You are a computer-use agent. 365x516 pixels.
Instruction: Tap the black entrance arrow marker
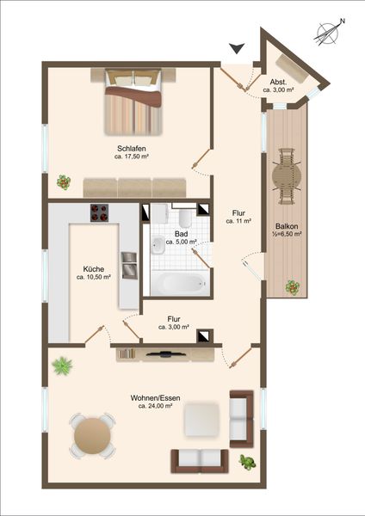click(237, 48)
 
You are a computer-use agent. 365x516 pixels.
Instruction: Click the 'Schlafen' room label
click(132, 149)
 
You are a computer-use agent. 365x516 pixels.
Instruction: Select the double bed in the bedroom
click(133, 102)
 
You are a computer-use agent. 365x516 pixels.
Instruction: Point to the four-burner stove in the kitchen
click(100, 212)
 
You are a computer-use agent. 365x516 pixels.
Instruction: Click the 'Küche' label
click(94, 269)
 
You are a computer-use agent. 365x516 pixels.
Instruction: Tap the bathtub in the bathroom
click(181, 283)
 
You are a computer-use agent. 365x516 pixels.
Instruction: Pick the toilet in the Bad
click(185, 218)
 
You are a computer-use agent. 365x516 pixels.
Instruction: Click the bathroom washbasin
click(158, 245)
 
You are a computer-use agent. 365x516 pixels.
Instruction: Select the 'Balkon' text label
click(287, 226)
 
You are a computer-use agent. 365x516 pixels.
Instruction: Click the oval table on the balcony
click(287, 176)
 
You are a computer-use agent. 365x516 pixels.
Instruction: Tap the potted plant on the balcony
click(292, 287)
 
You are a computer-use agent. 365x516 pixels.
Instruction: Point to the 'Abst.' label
click(278, 82)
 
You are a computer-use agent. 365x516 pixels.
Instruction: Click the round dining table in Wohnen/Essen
click(92, 436)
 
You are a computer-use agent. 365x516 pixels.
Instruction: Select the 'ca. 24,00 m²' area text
click(156, 406)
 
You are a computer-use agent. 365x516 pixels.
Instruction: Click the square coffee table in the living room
click(201, 419)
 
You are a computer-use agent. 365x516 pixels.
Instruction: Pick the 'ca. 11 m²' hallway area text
click(238, 222)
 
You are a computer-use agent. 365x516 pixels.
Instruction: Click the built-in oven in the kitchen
click(129, 266)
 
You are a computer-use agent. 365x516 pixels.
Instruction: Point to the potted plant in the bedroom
click(64, 182)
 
